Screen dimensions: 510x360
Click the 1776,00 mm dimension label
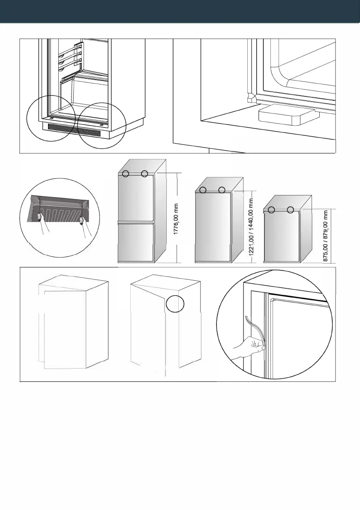176,220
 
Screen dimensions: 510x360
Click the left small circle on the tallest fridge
125,174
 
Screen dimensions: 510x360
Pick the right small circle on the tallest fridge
145,174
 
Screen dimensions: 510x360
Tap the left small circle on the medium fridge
203,190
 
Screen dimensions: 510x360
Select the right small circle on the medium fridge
222,190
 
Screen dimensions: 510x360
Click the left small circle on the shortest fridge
271,210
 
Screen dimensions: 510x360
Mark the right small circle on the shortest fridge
291,210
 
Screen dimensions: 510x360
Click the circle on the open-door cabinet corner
176,303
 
